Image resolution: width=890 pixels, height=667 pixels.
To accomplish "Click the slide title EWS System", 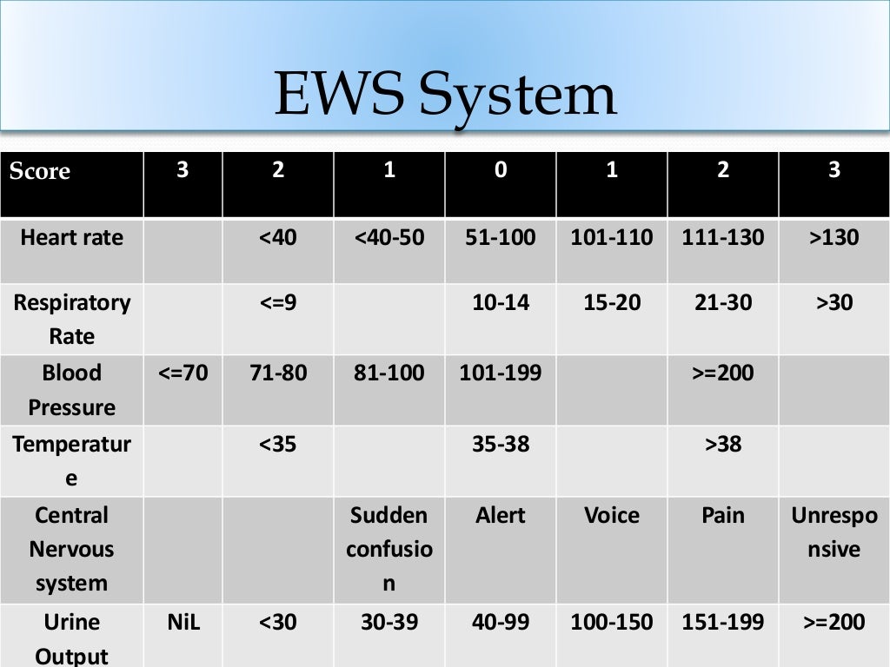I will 445,95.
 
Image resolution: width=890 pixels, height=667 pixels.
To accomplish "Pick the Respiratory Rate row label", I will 71,319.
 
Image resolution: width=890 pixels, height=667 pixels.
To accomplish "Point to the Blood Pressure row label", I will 71,390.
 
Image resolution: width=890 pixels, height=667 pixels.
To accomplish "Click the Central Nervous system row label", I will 71,549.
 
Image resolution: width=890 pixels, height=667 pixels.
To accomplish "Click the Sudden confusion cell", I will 389,549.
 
